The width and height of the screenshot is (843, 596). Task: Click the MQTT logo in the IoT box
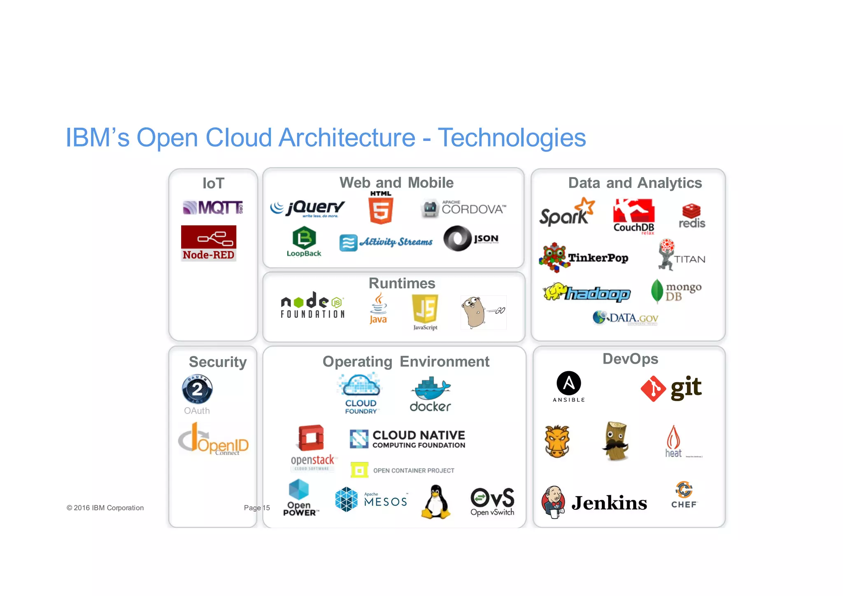pos(212,207)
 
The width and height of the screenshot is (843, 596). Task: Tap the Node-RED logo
pos(209,243)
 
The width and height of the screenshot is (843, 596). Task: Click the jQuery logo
pos(308,208)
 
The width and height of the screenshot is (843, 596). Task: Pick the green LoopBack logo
pos(304,241)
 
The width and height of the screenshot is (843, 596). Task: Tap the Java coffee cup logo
pos(378,308)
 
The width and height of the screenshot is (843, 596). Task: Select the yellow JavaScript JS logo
pos(425,309)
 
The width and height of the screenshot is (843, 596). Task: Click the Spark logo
pos(567,213)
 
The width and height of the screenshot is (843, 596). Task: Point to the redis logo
pos(692,216)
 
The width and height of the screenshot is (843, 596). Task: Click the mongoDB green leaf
pos(657,291)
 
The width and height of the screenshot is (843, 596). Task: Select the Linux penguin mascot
pos(436,502)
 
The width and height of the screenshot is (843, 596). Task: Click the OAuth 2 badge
pos(197,389)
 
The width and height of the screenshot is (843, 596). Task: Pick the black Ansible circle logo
pos(568,383)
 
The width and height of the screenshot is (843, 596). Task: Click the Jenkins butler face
pos(554,501)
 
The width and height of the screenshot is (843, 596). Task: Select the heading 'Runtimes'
pos(402,283)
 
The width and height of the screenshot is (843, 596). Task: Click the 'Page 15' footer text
pos(257,508)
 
